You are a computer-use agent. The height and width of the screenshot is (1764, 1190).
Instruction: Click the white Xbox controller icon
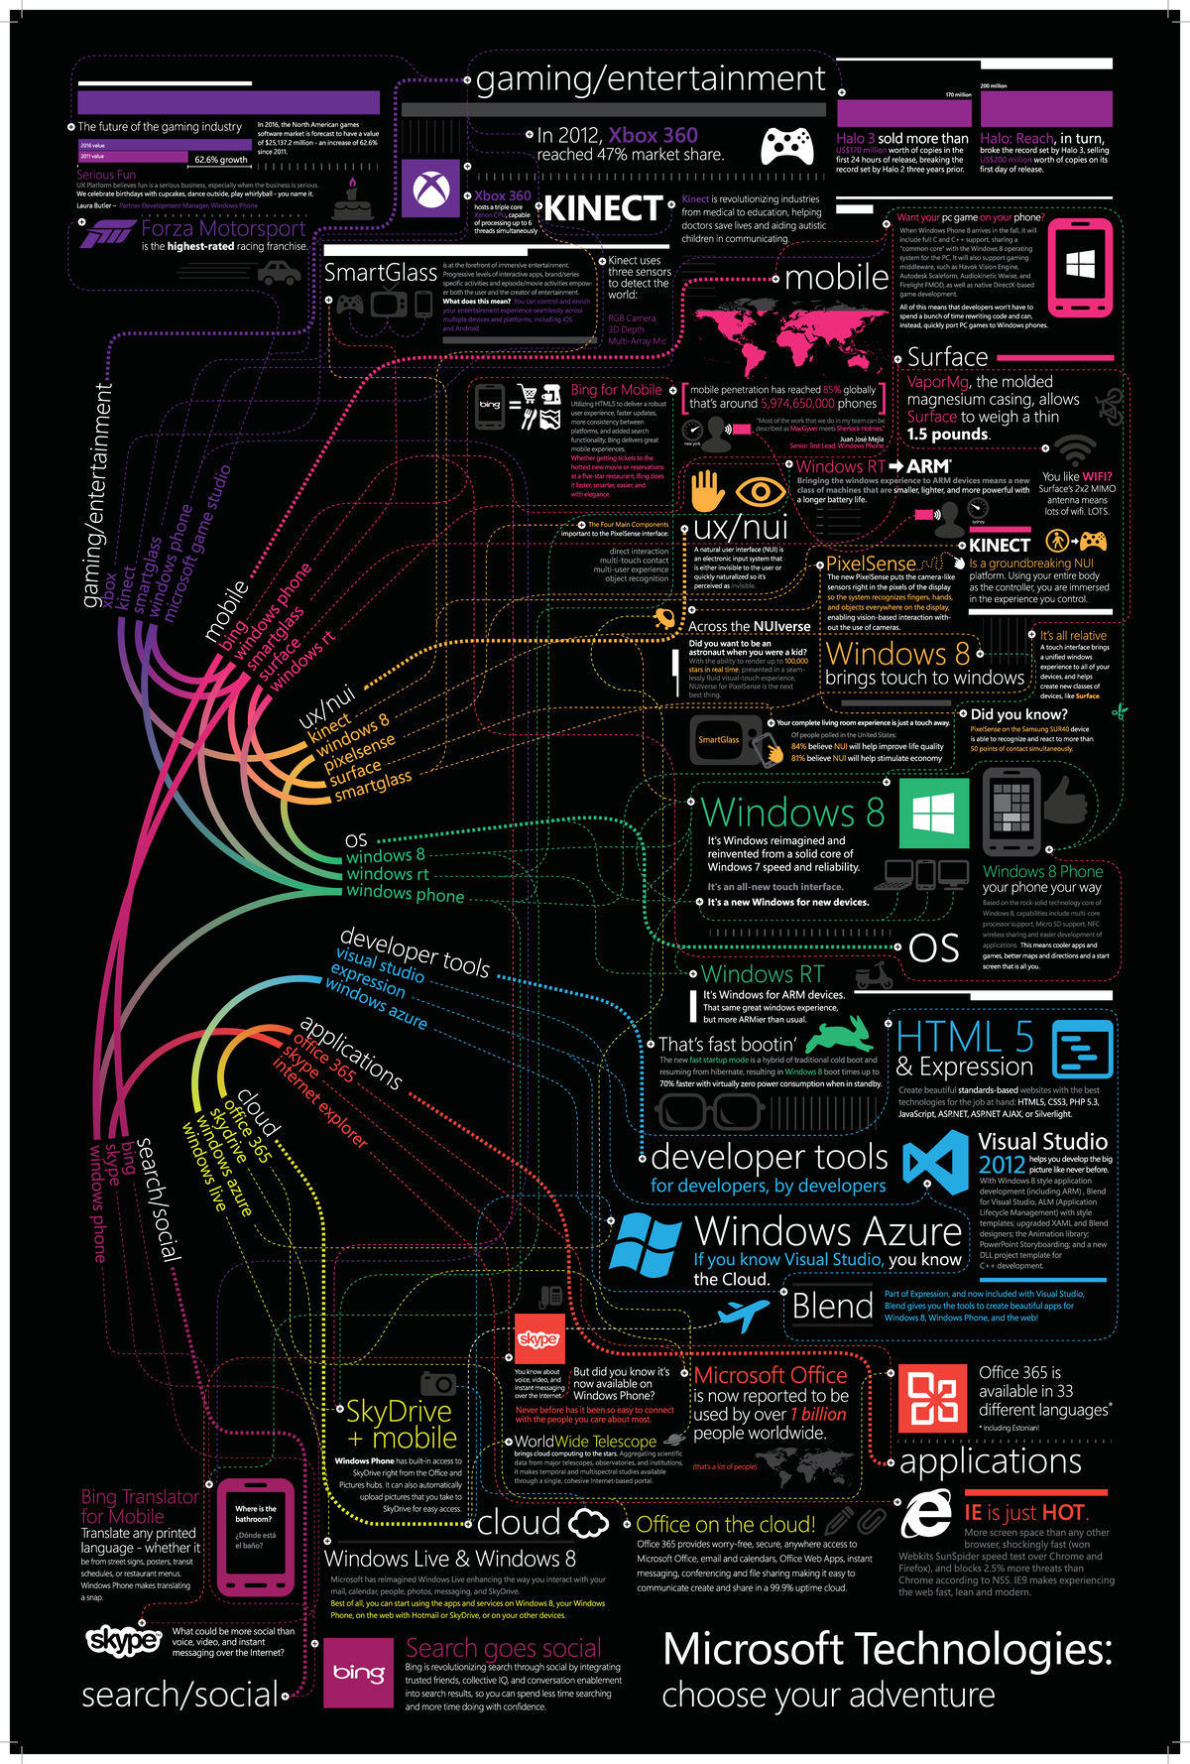787,146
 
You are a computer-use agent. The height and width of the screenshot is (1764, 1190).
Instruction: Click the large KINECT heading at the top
603,208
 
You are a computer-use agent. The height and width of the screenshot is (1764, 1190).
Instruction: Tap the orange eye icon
761,491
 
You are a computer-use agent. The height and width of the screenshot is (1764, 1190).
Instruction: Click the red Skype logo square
538,1339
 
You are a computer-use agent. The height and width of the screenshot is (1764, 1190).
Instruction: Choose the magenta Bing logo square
359,1672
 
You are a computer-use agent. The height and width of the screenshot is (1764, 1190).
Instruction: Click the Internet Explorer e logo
927,1514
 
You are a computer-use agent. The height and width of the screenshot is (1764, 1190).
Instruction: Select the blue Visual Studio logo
935,1162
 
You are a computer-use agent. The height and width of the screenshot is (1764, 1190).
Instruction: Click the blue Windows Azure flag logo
646,1243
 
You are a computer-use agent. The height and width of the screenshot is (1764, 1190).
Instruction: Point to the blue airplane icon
744,1315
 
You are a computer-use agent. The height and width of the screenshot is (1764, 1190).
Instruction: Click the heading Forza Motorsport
223,229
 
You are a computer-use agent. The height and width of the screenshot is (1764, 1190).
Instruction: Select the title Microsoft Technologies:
888,1649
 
